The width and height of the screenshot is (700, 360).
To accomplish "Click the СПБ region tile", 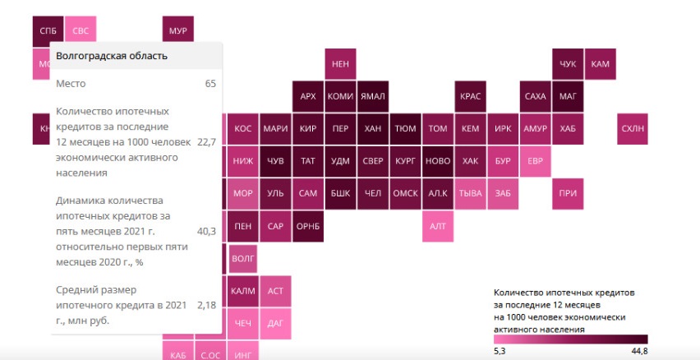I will (48, 31).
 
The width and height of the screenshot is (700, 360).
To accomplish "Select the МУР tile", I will (177, 31).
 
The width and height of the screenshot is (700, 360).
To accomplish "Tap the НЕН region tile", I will (339, 63).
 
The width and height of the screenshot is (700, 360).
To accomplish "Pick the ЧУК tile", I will (568, 63).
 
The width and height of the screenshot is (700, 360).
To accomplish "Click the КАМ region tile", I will (601, 63).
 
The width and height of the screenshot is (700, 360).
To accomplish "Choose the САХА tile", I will (535, 96).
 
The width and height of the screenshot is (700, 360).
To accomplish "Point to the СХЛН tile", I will (633, 128).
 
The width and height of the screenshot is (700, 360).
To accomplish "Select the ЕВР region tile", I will (535, 161).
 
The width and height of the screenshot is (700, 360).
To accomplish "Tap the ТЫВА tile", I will (470, 193).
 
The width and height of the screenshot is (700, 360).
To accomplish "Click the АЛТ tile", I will (437, 226).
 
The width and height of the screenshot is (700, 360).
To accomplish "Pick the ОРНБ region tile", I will (307, 226).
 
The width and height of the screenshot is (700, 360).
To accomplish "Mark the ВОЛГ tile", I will (243, 258).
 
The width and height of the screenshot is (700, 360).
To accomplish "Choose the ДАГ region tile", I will (275, 323).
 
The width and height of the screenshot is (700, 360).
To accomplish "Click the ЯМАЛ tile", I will (372, 96).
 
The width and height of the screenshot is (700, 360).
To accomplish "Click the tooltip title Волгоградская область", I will (112, 56).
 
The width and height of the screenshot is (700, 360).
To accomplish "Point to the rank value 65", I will (210, 84).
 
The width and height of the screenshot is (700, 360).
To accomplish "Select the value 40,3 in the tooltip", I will (206, 231).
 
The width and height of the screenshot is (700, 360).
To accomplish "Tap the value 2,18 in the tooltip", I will (206, 305).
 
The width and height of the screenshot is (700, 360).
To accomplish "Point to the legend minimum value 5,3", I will (500, 352).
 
